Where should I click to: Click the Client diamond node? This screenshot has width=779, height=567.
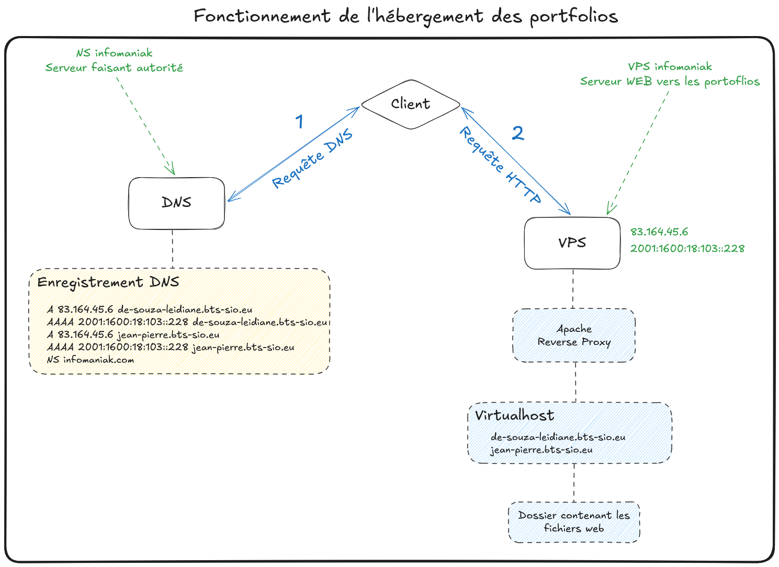coord(411,104)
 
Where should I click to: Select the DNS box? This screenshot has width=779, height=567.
coord(176,203)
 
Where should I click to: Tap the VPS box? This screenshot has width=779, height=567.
coord(572,243)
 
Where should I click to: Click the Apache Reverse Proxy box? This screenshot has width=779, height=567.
coord(574,335)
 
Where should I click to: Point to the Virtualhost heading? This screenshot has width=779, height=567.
coord(514,415)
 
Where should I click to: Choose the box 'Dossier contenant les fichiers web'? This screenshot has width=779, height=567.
coord(574,522)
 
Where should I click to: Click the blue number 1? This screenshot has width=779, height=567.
coord(299,122)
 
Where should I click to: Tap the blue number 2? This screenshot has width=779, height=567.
coord(517,134)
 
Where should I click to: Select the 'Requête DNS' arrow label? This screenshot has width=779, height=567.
coord(312,159)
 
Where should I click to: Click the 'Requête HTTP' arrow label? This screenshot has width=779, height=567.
coord(500,165)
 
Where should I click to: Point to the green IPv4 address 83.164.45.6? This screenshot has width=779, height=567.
coord(659,232)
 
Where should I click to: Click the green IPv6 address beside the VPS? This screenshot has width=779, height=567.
coord(687,249)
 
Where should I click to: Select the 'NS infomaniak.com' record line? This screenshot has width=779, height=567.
coord(91,360)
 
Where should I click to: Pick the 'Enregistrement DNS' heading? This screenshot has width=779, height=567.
coord(108,283)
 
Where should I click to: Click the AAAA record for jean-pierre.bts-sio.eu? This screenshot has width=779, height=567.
coord(171,348)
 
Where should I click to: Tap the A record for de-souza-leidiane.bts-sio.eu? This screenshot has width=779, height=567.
coord(150,309)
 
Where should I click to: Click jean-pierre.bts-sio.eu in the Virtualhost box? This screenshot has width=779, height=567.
coord(541,450)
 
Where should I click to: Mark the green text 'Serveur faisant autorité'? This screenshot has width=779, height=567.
coord(114,68)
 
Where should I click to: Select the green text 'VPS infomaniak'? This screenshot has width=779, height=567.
coord(670,67)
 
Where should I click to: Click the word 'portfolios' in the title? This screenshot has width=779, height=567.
coord(573,17)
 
